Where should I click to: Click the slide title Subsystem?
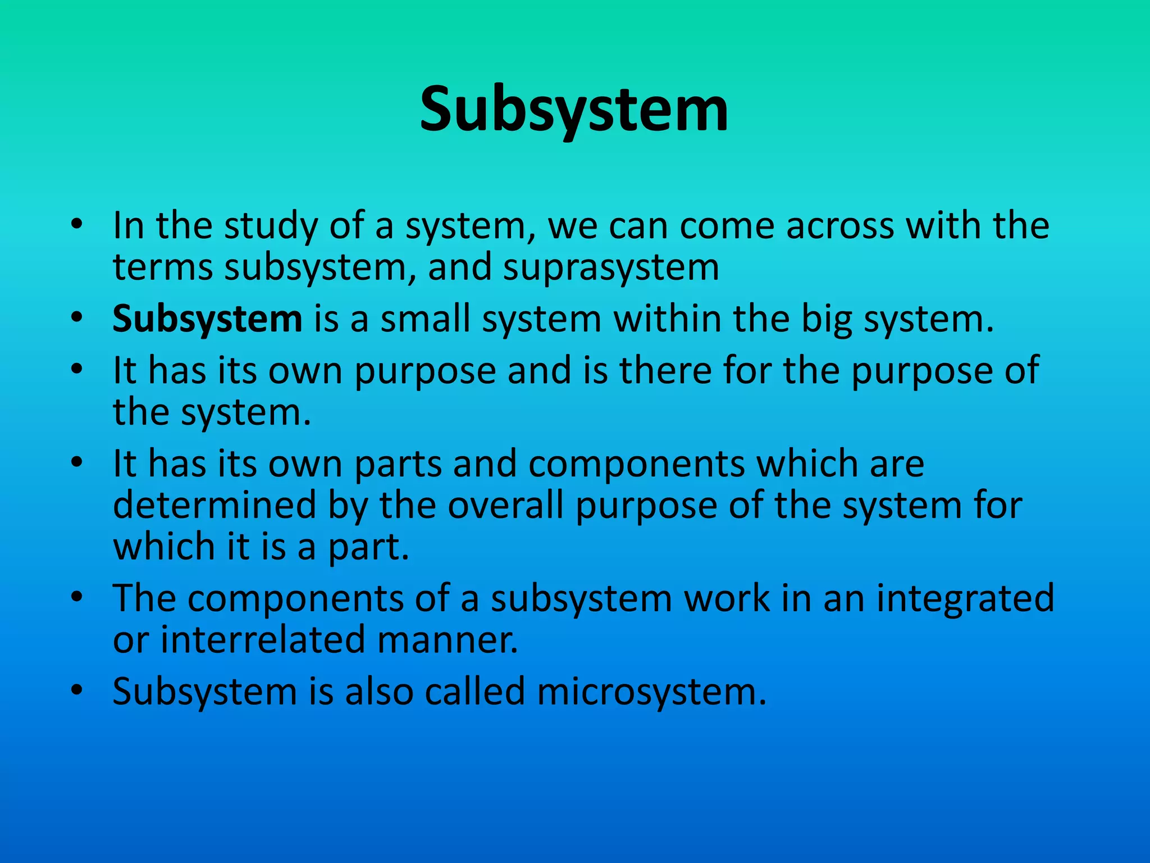[x=574, y=110]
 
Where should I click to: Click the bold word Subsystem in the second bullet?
[x=207, y=319]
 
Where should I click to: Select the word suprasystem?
[x=611, y=267]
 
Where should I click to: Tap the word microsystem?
[x=651, y=692]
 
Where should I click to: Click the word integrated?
[x=965, y=598]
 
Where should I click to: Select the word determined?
[x=215, y=505]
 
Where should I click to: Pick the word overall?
[x=505, y=505]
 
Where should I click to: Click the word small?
[x=425, y=319]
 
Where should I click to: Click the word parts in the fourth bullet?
[x=398, y=465]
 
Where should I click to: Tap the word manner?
[x=447, y=640]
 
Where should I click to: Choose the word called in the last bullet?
[x=474, y=692]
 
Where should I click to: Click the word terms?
[x=163, y=267]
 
